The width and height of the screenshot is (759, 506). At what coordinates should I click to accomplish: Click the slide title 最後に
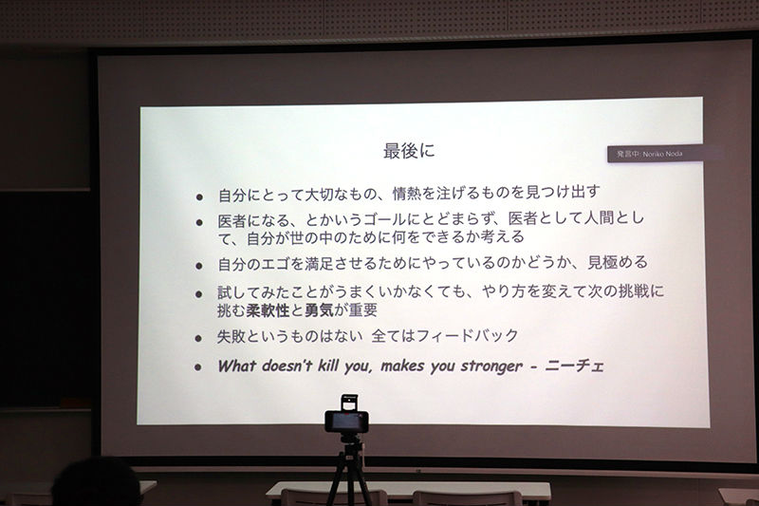click(409, 151)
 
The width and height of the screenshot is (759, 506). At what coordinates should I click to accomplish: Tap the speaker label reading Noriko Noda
click(662, 154)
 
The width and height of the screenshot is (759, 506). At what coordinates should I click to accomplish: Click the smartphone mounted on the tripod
click(346, 422)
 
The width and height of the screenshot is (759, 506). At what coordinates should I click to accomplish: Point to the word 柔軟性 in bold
click(268, 309)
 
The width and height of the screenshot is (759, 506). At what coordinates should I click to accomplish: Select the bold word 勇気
click(319, 309)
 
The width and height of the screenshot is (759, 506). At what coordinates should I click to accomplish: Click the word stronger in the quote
click(491, 366)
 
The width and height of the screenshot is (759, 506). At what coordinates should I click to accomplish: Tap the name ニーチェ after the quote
click(575, 365)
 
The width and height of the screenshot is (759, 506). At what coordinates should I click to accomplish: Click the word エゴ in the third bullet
click(276, 264)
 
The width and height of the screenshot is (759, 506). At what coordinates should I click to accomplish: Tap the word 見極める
click(618, 262)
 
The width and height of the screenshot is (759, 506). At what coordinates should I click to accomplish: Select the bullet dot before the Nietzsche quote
click(198, 367)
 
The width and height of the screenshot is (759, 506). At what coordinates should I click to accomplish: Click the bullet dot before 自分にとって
click(199, 197)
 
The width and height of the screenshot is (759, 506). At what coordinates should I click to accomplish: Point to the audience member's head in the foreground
click(97, 482)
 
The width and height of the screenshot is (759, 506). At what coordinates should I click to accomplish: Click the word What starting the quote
click(236, 365)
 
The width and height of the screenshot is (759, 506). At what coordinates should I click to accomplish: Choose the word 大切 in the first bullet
click(319, 195)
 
